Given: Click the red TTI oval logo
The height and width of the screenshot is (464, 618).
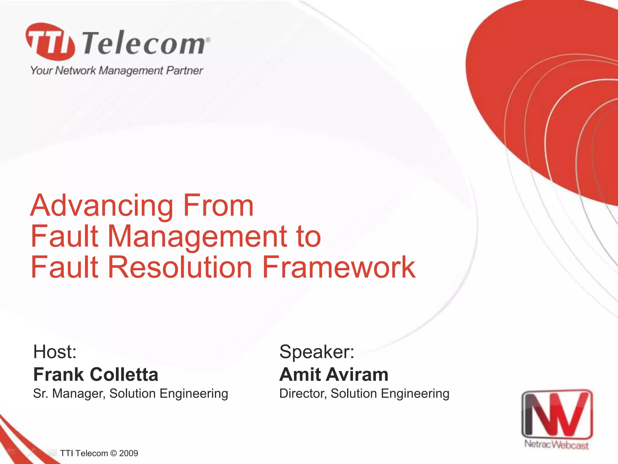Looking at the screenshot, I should point(50,41).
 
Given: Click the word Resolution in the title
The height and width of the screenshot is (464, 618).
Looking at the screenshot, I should point(180,267).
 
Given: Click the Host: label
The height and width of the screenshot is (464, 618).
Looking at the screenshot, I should point(55,352).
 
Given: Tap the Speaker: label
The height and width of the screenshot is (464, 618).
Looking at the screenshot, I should point(317,352).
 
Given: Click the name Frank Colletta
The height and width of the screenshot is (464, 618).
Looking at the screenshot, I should point(96,375).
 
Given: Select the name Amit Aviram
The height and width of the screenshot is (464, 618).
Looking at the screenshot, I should point(334,375).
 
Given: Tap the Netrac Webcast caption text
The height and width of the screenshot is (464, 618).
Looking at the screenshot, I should point(556,445).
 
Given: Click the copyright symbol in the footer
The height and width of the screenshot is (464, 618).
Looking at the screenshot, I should point(113,453).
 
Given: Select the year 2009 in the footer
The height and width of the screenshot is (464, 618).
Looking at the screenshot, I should point(129,453).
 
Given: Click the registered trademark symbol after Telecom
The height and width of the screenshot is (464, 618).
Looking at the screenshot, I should point(208,40).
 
